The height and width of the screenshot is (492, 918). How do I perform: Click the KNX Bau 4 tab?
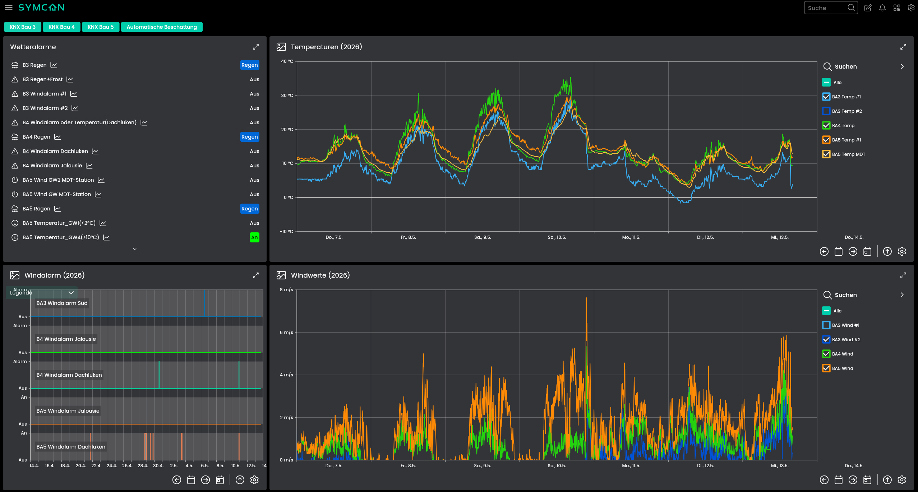pyautogui.click(x=61, y=27)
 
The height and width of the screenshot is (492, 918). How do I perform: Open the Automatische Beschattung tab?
pyautogui.click(x=162, y=27)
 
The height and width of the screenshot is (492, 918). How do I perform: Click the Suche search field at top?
pyautogui.click(x=826, y=8)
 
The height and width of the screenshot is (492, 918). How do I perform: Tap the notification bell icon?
pyautogui.click(x=882, y=8)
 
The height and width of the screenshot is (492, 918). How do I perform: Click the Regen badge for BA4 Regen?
pyautogui.click(x=250, y=137)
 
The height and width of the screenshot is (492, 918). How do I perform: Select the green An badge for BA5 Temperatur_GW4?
pyautogui.click(x=254, y=237)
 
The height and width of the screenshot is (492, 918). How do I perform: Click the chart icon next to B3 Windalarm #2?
pyautogui.click(x=75, y=108)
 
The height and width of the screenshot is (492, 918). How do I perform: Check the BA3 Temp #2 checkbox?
pyautogui.click(x=826, y=111)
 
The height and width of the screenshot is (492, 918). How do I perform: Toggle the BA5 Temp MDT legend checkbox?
pyautogui.click(x=826, y=154)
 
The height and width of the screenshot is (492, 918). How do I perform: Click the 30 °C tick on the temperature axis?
pyautogui.click(x=287, y=95)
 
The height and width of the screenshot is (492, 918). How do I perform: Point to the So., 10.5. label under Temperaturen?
pyautogui.click(x=557, y=237)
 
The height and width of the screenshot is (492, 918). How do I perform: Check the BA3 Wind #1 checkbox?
pyautogui.click(x=826, y=325)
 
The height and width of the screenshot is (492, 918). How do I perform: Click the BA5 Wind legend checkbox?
pyautogui.click(x=826, y=368)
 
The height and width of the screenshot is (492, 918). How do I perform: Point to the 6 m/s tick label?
pyautogui.click(x=286, y=332)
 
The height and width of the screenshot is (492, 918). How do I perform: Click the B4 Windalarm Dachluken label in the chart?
pyautogui.click(x=69, y=375)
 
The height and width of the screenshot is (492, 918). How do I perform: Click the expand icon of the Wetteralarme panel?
pyautogui.click(x=256, y=47)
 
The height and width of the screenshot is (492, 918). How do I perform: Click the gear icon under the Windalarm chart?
pyautogui.click(x=254, y=480)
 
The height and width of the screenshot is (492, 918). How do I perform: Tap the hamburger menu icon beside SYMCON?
pyautogui.click(x=9, y=8)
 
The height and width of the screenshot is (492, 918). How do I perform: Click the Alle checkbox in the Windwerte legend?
pyautogui.click(x=826, y=311)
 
